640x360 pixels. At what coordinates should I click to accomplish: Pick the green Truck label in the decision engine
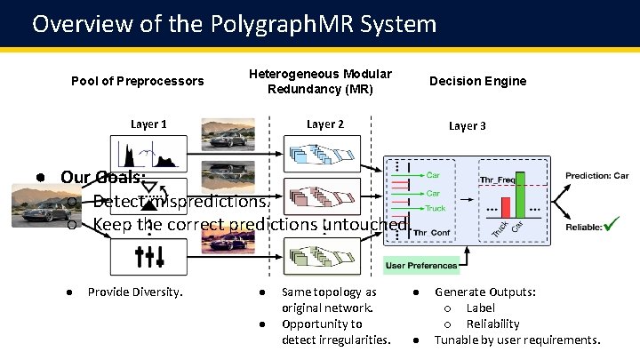tap(436, 209)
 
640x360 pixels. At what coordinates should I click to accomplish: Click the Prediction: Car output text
tap(596, 175)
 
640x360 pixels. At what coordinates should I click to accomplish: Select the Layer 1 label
tap(148, 124)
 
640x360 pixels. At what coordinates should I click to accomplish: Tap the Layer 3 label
tap(467, 126)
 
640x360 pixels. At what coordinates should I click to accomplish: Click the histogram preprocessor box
tap(148, 153)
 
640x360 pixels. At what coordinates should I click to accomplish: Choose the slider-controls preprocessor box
tap(148, 256)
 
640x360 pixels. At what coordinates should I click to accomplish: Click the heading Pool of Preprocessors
tap(137, 81)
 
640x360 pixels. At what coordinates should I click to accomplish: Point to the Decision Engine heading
tap(477, 81)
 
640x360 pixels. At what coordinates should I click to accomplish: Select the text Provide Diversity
tap(135, 292)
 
